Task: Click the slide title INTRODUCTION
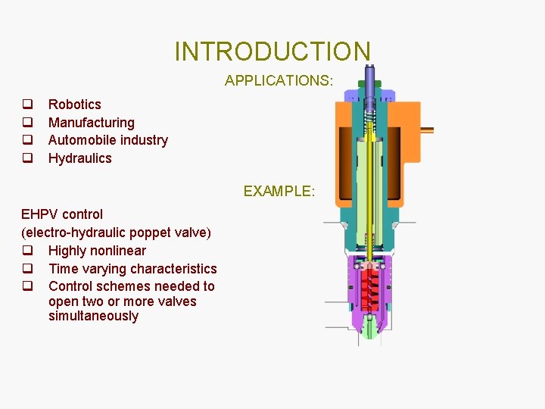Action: [272, 52]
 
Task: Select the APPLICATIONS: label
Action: [279, 80]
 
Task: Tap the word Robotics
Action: [74, 105]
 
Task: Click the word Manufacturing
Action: [91, 123]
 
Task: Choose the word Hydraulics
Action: [79, 158]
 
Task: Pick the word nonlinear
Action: [119, 251]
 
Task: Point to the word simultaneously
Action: [93, 317]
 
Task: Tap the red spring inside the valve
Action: [370, 283]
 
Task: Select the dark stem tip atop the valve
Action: [370, 76]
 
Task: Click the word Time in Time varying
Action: [63, 269]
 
